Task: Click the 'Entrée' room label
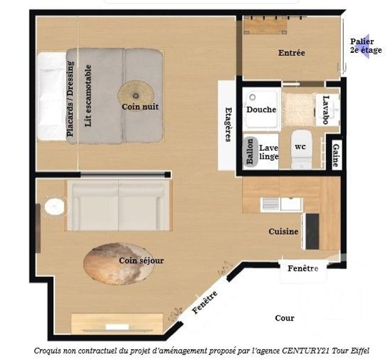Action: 292,53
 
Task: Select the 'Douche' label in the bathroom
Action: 261,110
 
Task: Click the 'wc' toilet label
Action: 300,147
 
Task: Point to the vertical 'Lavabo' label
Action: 326,110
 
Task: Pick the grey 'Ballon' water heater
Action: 249,151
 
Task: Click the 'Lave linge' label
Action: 269,152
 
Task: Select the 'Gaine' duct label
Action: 335,155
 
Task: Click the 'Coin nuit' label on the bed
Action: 140,107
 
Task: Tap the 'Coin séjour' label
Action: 141,261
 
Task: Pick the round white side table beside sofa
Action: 55,207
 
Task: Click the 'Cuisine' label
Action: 284,232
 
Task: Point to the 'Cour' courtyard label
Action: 284,318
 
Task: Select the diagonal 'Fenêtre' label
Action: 204,302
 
